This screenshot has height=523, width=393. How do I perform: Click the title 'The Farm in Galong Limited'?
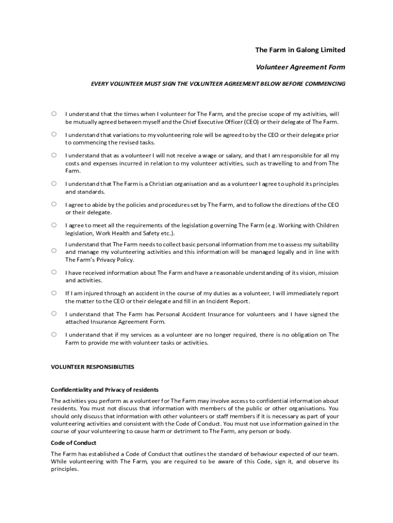click(x=300, y=50)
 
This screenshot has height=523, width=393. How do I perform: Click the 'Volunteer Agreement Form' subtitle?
click(x=300, y=67)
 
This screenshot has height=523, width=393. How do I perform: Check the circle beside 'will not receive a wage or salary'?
click(x=54, y=155)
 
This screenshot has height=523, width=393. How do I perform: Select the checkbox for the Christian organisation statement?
click(x=54, y=183)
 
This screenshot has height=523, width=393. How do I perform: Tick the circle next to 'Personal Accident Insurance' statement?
click(x=54, y=314)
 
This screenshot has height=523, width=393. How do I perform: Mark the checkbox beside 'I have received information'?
click(x=54, y=272)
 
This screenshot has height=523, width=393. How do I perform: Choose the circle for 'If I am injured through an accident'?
click(x=54, y=293)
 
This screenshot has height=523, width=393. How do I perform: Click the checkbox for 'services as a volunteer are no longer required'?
click(x=54, y=335)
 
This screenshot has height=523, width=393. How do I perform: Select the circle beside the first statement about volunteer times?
click(x=54, y=113)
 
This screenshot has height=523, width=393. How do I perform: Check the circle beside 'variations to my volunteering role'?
click(x=54, y=134)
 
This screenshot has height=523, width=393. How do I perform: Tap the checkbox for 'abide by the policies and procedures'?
click(x=54, y=204)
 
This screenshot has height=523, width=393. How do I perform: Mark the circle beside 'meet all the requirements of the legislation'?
click(x=54, y=225)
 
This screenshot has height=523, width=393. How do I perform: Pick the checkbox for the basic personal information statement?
click(x=54, y=250)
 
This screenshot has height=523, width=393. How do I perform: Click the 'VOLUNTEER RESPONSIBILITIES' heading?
click(x=92, y=367)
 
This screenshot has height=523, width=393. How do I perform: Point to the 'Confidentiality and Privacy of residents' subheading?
click(x=105, y=390)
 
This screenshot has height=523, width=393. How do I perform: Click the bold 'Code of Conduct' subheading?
click(x=73, y=443)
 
